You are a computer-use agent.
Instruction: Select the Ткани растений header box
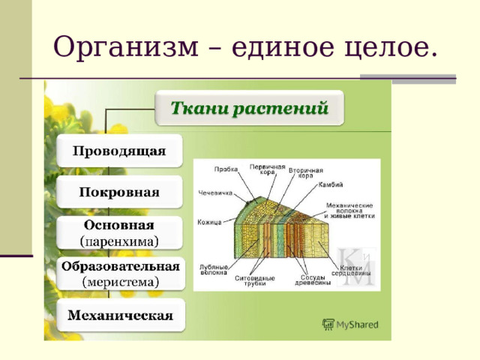pyautogui.click(x=250, y=108)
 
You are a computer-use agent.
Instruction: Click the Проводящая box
pyautogui.click(x=119, y=151)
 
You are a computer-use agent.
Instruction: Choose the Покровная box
pyautogui.click(x=119, y=192)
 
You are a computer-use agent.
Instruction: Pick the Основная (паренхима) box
pyautogui.click(x=119, y=232)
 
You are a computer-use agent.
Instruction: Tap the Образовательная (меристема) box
pyautogui.click(x=120, y=274)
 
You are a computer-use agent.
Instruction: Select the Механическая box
pyautogui.click(x=120, y=315)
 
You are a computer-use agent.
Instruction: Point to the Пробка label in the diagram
pyautogui.click(x=225, y=169)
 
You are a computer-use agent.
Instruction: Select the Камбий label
pyautogui.click(x=331, y=184)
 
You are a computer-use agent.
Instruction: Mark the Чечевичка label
pyautogui.click(x=214, y=193)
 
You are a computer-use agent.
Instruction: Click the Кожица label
pyautogui.click(x=211, y=221)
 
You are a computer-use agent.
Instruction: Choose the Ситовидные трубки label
pyautogui.click(x=255, y=281)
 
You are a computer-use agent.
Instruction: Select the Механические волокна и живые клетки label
pyautogui.click(x=349, y=210)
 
